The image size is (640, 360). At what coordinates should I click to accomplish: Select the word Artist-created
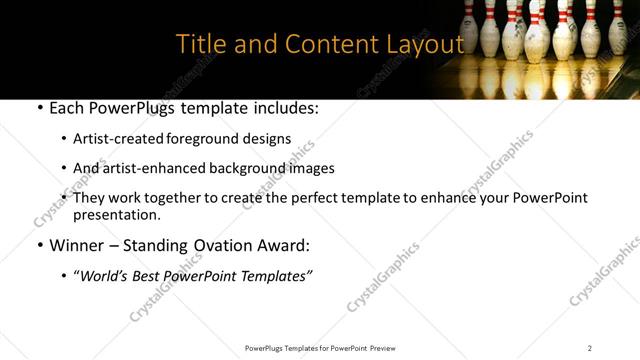(118, 139)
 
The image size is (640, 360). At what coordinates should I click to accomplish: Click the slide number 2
(590, 347)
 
